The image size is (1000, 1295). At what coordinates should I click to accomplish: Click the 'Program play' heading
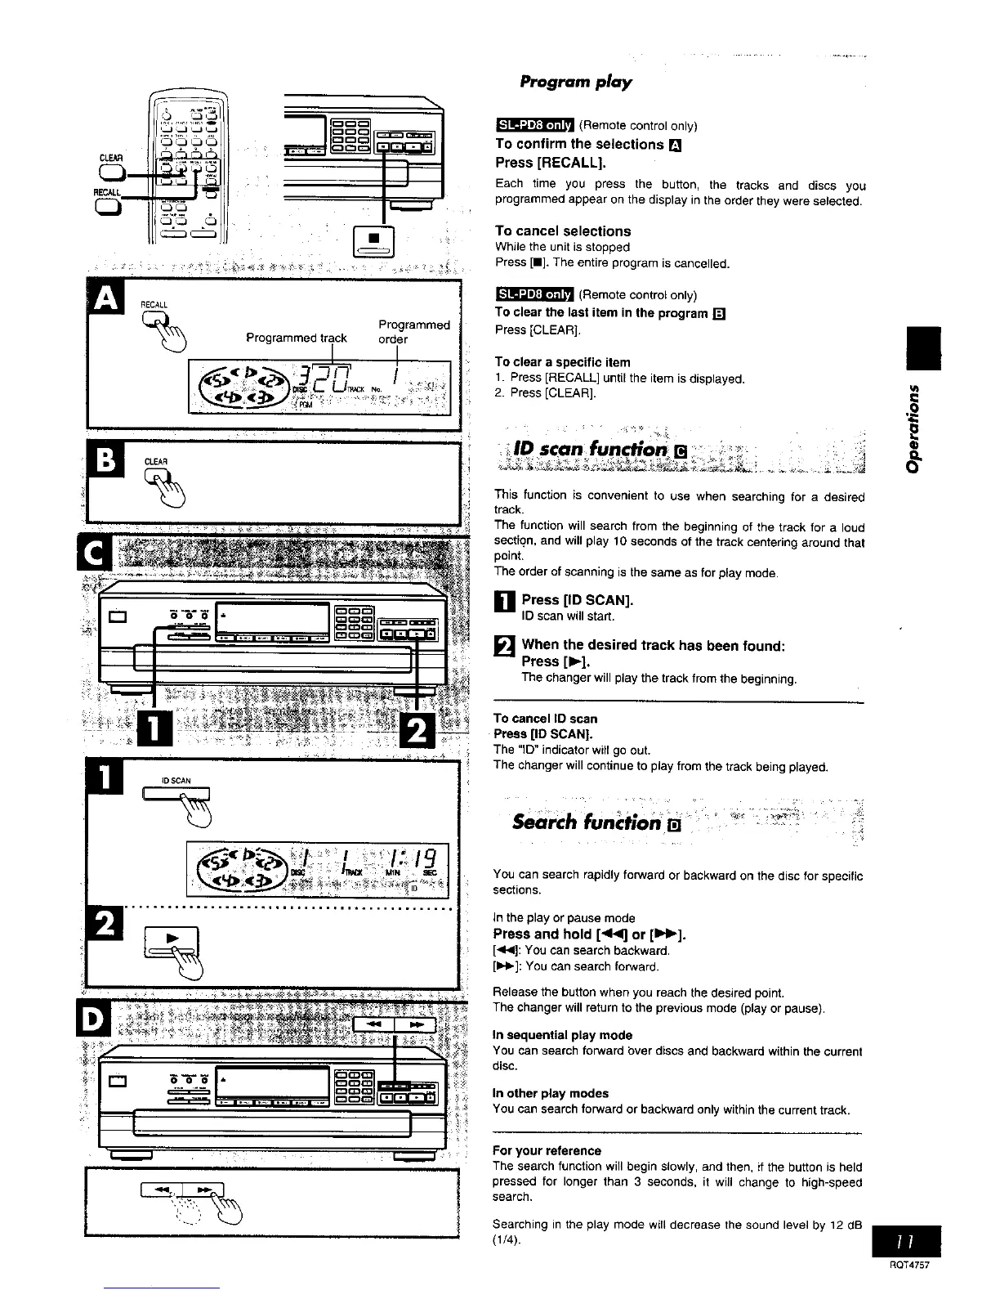(576, 82)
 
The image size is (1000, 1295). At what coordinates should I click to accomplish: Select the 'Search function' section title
(587, 822)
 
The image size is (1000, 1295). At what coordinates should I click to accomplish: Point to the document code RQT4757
(910, 1264)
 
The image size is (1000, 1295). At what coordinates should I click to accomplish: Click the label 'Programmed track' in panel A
(297, 338)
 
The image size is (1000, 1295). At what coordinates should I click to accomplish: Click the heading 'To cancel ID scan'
(546, 719)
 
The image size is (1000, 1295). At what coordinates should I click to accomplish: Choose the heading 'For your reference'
(547, 1150)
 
